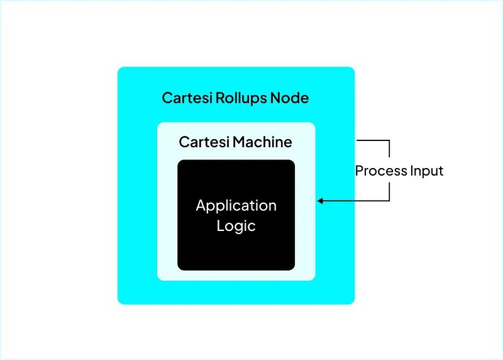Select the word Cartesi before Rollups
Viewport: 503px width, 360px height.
tap(187, 98)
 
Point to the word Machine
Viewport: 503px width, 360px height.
tap(262, 142)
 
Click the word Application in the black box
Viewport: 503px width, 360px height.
tap(236, 206)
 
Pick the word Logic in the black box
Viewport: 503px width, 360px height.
tap(236, 226)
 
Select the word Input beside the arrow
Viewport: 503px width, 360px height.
tap(427, 171)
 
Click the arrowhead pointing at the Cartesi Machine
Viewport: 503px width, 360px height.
tap(320, 201)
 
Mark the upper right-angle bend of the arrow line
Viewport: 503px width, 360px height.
tap(390, 140)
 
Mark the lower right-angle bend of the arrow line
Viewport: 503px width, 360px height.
tap(390, 201)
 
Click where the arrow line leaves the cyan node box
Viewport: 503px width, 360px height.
tap(357, 140)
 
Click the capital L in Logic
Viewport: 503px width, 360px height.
tap(220, 225)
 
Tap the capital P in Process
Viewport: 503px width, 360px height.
tap(359, 171)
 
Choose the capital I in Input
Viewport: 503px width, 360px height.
tap(412, 171)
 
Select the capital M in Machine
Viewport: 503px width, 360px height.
tap(238, 142)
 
